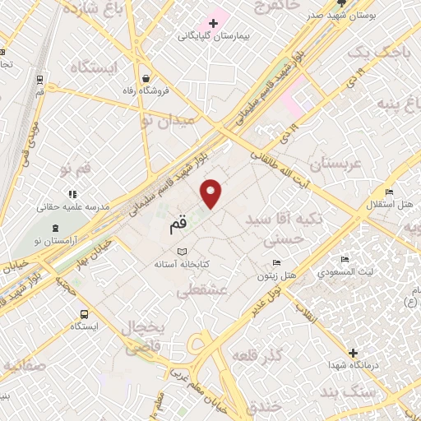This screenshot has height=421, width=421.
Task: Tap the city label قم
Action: (178, 222)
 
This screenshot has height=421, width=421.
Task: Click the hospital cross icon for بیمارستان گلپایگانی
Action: (213, 23)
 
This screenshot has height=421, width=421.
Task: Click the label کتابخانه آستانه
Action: (183, 265)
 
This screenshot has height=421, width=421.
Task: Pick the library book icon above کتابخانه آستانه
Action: (183, 251)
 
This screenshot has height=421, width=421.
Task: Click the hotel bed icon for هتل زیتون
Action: (277, 263)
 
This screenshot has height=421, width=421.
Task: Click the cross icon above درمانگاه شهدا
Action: (354, 351)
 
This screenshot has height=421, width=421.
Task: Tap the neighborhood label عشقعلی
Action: (200, 289)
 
